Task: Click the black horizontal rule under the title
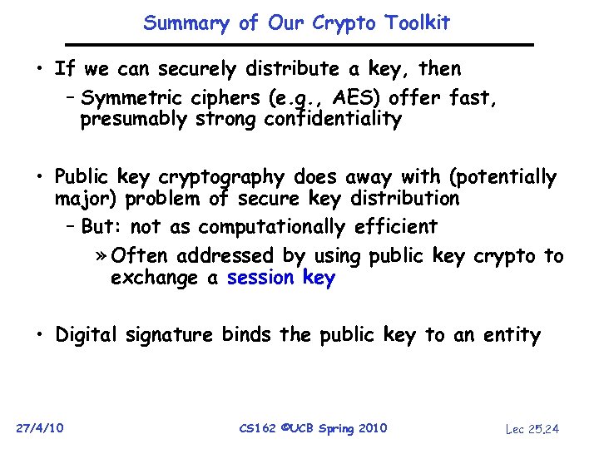pos(300,44)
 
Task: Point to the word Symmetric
pos(132,99)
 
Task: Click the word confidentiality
pos(334,120)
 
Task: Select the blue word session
pos(260,279)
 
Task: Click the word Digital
pos(88,335)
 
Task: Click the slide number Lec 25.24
pos(533,428)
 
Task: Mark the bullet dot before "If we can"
pos(39,68)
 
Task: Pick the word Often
pos(140,256)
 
